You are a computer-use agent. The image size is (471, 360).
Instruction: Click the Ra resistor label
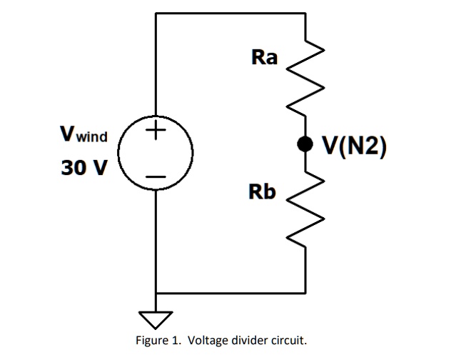point(264,57)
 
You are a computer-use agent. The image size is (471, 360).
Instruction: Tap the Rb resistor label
point(262,191)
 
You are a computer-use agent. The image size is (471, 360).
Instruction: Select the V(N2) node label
point(354,146)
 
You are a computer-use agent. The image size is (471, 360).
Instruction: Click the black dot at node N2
point(305,144)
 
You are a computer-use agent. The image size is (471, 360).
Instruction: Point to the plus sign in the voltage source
point(156,130)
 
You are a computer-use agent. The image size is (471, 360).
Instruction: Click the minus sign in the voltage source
point(156,176)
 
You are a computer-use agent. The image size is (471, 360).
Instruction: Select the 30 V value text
point(83,168)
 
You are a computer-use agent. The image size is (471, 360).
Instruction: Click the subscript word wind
point(92,137)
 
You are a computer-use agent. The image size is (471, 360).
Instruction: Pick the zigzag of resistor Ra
point(305,78)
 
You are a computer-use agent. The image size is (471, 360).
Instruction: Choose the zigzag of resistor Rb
point(305,209)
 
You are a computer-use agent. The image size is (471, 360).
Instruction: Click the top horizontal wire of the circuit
point(231,14)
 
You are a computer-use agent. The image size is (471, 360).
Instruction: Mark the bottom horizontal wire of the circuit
point(231,292)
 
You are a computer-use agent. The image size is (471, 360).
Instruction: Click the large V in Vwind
point(68,134)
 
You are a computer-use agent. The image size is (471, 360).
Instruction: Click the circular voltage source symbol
point(118,153)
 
